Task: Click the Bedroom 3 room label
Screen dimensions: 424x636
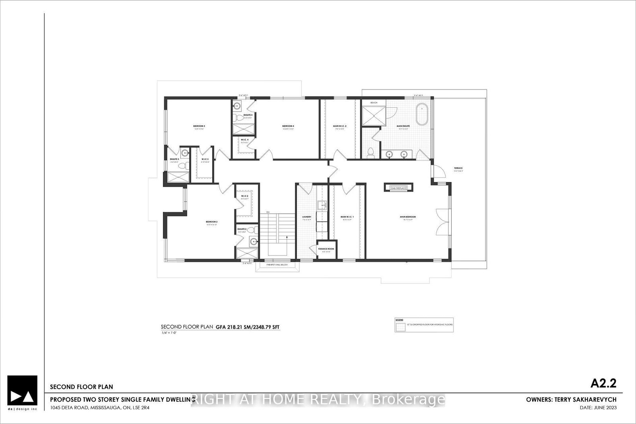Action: click(x=199, y=126)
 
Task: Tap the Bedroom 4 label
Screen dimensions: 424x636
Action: click(x=288, y=126)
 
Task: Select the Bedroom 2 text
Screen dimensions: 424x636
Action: click(x=211, y=222)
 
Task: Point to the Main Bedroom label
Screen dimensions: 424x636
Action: click(x=407, y=217)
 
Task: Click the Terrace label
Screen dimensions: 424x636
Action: click(x=458, y=168)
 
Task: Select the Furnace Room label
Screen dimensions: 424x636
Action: click(x=326, y=249)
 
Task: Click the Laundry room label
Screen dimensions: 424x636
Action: click(x=306, y=217)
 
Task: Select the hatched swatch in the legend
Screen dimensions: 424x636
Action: click(x=399, y=327)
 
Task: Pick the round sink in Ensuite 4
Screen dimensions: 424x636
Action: click(x=237, y=106)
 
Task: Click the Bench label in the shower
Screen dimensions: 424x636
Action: click(x=373, y=103)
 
